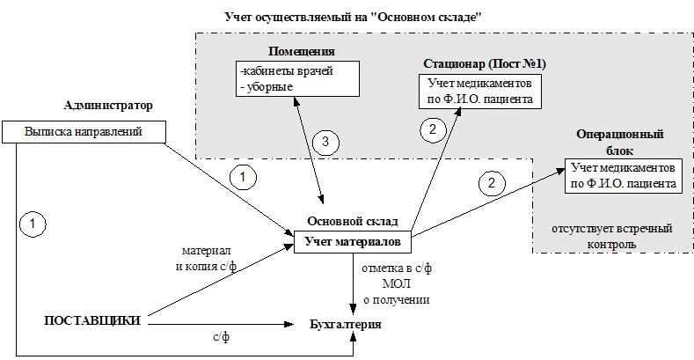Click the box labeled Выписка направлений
(x=84, y=132)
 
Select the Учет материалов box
(x=353, y=242)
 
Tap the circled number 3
(x=325, y=142)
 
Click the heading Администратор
(x=108, y=106)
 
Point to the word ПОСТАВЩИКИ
(x=92, y=320)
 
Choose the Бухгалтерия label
(x=346, y=324)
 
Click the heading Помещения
(x=302, y=51)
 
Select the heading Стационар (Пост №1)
(x=485, y=63)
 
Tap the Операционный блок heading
(x=619, y=142)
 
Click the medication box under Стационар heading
(x=480, y=92)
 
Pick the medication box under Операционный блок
(x=623, y=176)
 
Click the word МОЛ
(x=396, y=283)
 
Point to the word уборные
(x=269, y=87)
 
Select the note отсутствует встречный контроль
(x=612, y=237)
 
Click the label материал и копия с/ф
(x=206, y=259)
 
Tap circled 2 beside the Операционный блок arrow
(x=492, y=183)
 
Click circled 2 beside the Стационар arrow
(x=433, y=129)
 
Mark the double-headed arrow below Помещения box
(x=308, y=151)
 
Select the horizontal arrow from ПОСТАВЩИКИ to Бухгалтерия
(x=221, y=325)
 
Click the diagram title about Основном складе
(x=354, y=18)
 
